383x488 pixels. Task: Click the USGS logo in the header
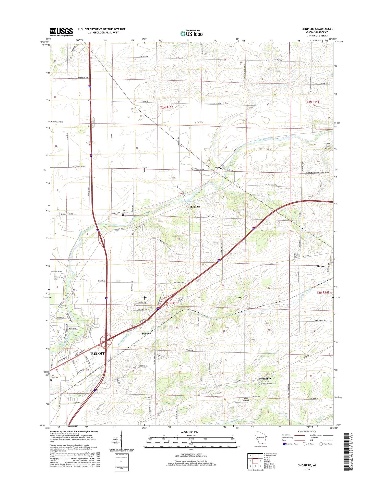61,32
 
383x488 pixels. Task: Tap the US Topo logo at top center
192,33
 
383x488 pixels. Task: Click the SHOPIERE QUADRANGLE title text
317,29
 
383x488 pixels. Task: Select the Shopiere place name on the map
195,206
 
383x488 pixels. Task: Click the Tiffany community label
219,168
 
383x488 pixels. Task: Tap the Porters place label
147,333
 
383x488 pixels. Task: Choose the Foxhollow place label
265,379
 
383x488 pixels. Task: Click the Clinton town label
320,266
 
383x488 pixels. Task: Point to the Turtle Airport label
246,399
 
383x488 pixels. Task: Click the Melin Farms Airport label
328,146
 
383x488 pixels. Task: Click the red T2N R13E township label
167,107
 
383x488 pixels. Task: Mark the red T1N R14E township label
323,292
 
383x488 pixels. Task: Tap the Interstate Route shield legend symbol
284,444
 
